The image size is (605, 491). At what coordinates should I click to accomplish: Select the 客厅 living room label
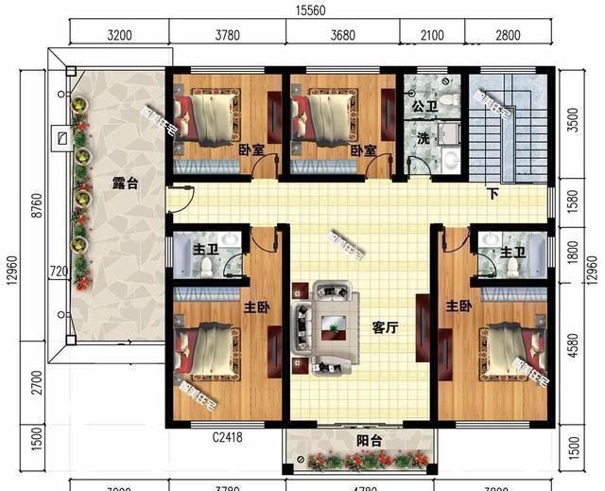point(385,327)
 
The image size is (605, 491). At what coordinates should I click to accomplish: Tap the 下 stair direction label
point(493,194)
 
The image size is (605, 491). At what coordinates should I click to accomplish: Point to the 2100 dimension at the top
point(431,36)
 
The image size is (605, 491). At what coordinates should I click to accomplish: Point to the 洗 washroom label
point(423,138)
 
